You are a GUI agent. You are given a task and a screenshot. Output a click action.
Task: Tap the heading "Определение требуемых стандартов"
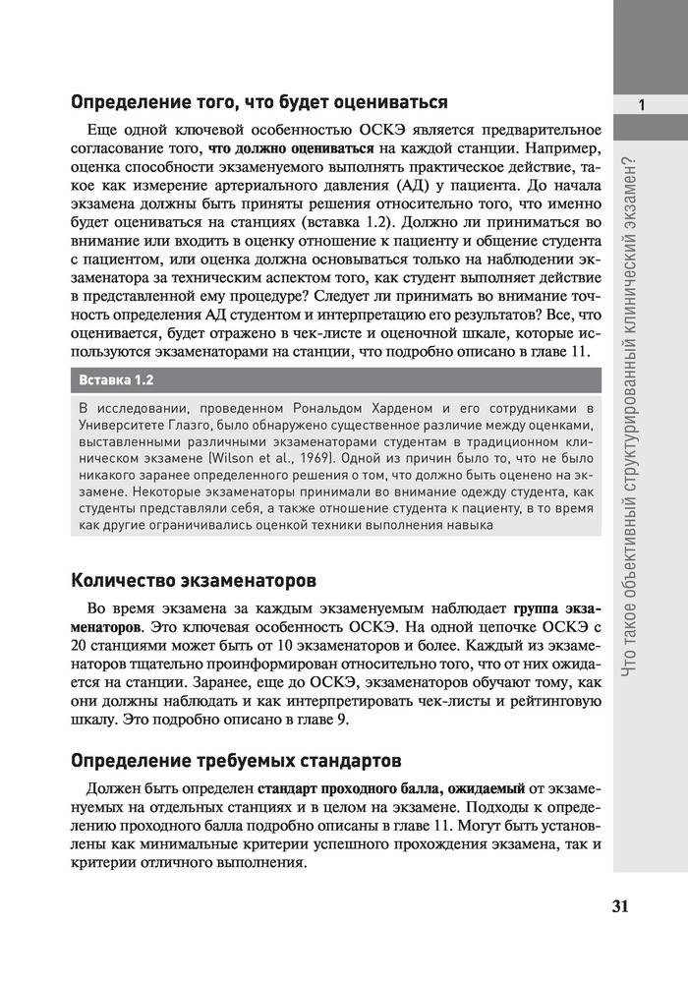pyautogui.click(x=237, y=761)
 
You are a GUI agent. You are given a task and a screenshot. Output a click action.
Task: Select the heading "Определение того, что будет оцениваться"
pyautogui.click(x=260, y=101)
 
